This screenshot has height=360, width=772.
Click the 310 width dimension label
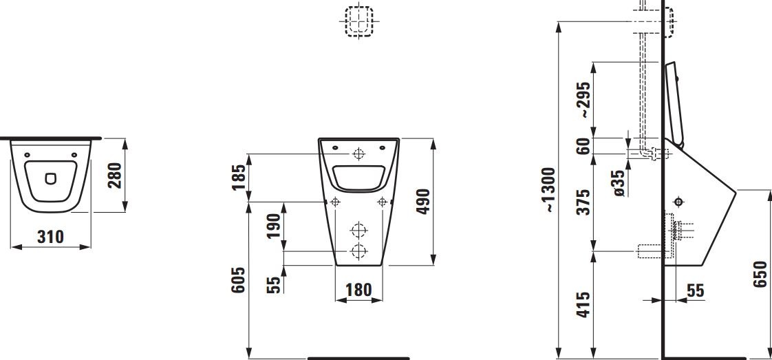click(50, 237)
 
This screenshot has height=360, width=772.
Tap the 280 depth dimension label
click(116, 176)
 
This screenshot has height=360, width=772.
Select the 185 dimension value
click(239, 177)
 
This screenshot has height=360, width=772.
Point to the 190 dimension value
click(273, 226)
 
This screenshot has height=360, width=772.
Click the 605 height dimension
click(238, 280)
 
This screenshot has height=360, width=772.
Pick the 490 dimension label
click(424, 201)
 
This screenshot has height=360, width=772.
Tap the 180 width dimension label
click(358, 290)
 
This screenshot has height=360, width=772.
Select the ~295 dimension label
click(583, 98)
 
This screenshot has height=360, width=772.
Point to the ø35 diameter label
click(619, 184)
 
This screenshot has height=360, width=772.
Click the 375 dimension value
click(583, 202)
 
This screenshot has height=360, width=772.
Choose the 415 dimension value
click(583, 305)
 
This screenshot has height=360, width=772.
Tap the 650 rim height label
click(761, 275)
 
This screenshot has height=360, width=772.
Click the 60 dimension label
click(583, 146)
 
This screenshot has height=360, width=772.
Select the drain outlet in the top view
click(50, 179)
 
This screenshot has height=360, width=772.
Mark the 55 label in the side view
click(695, 291)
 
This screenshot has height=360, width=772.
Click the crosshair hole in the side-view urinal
click(679, 202)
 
